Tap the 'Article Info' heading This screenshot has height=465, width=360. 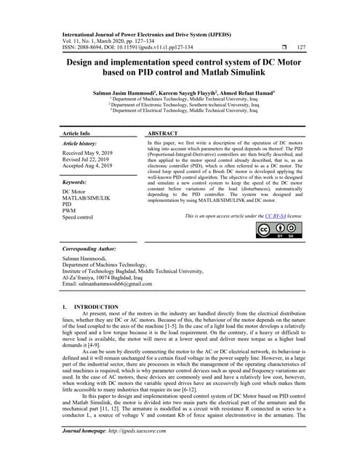[x=76, y=134]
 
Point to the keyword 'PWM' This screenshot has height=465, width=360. [x=70, y=211]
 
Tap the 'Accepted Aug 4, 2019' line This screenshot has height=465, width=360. [x=92, y=166]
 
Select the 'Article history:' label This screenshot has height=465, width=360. [x=82, y=144]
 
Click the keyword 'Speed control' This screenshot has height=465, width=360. [x=78, y=217]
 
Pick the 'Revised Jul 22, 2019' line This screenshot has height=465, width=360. [x=90, y=161]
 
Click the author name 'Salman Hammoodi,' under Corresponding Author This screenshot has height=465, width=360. [x=84, y=259]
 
